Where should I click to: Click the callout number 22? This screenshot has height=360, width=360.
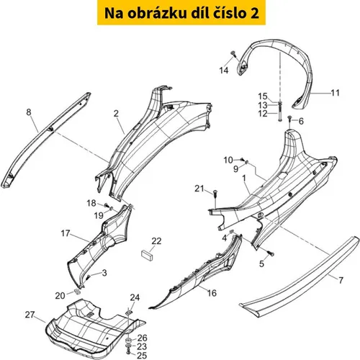tap(156, 241)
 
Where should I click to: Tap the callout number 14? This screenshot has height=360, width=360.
tap(224, 71)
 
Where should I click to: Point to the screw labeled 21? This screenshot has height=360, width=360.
tap(215, 194)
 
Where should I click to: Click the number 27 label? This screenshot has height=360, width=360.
tap(30, 315)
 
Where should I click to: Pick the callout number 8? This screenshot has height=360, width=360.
tap(29, 112)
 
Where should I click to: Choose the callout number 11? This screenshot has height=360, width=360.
tap(335, 93)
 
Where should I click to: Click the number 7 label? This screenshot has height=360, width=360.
tap(341, 280)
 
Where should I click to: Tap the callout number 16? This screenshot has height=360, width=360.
tap(212, 293)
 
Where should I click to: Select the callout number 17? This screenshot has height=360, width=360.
tap(66, 233)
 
